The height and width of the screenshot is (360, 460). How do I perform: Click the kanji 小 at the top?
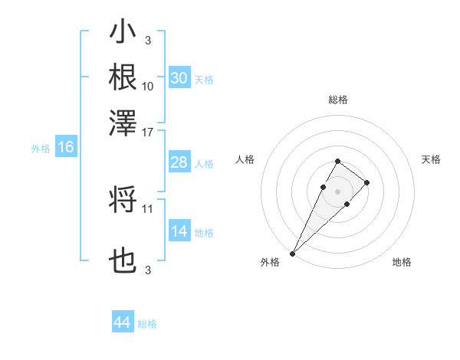123,34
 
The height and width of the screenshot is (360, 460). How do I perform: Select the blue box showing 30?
179,78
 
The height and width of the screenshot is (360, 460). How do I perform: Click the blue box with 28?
179,162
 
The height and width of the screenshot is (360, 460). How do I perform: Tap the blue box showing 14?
179,231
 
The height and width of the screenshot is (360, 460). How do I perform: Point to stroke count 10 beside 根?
148,87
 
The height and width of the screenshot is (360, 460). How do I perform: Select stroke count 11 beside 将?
148,208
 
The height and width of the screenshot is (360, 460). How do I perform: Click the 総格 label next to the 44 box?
147,324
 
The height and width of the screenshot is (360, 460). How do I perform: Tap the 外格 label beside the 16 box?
41,149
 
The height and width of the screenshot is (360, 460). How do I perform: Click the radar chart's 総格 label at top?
337,100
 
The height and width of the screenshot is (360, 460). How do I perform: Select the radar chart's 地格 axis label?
402,262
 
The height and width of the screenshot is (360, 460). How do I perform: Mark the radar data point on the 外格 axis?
292,254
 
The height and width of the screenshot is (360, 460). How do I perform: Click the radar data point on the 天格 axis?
367,182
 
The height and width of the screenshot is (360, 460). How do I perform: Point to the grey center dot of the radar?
337,190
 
